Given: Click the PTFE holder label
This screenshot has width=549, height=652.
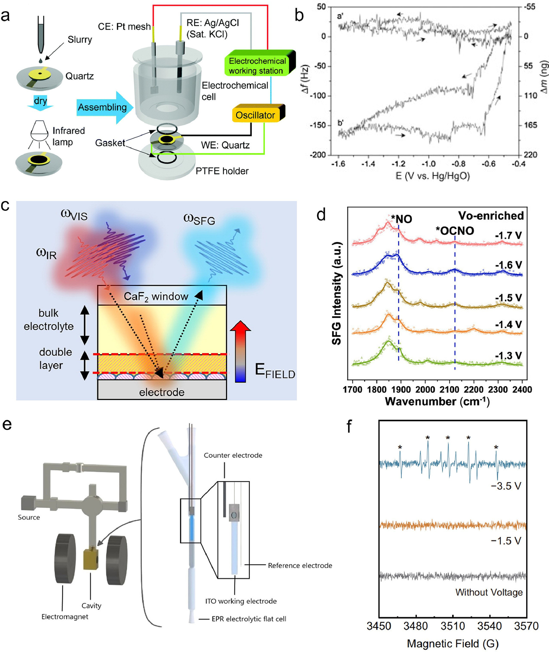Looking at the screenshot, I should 222,171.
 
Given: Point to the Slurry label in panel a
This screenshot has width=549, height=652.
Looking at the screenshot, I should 80,40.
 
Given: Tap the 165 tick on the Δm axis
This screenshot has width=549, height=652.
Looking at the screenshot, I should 531,125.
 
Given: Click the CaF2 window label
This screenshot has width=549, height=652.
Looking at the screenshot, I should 156,296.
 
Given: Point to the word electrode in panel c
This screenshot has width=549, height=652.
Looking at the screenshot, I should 161,392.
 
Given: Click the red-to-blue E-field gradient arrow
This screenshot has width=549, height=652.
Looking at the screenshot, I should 240,352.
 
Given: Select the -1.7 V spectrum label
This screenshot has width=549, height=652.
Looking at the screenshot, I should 508,235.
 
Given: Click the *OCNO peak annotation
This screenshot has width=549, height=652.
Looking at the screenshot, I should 455,231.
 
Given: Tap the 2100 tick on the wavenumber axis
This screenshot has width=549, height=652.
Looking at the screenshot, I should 449,389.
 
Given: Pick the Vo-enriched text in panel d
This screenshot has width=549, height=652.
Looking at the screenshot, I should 491,216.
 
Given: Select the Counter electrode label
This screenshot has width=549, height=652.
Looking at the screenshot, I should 233,455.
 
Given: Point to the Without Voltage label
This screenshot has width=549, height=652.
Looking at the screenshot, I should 489,592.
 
